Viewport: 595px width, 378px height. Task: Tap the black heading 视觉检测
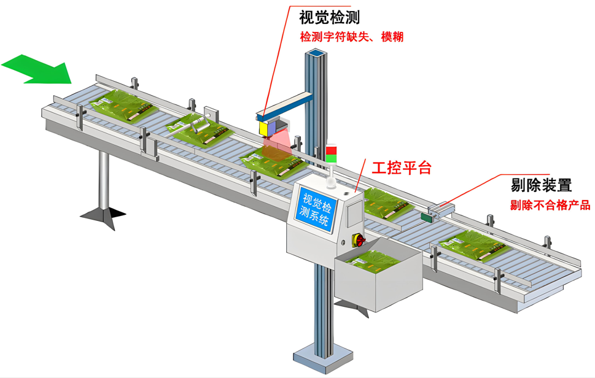pos(329,17)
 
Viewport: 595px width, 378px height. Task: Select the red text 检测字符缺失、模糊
pos(351,37)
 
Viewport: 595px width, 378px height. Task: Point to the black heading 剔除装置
pos(541,185)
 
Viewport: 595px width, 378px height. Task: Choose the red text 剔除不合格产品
pos(550,205)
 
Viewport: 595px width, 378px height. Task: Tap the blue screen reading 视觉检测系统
pos(316,211)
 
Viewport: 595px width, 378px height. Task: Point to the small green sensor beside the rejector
pos(426,217)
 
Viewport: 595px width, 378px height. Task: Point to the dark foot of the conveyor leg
pos(103,214)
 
